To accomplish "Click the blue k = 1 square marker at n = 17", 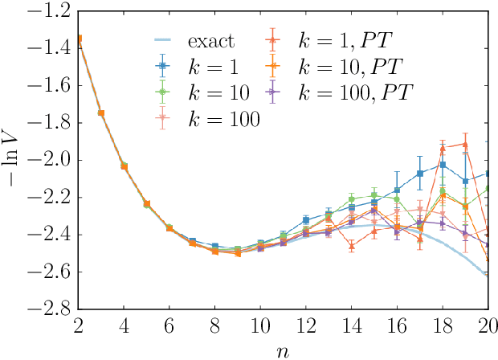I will (419, 174).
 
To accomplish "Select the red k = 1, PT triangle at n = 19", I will (465, 145).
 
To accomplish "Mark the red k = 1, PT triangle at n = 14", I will (351, 246).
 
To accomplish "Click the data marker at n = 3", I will (100, 112).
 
